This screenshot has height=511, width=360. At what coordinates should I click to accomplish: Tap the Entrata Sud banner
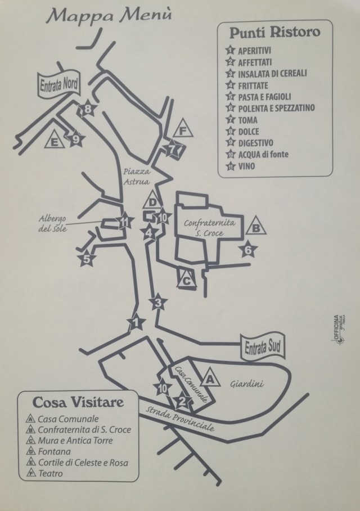pos(263,347)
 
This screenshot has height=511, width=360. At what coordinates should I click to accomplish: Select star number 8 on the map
pos(87,109)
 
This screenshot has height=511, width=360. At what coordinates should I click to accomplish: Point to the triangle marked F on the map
pos(183,129)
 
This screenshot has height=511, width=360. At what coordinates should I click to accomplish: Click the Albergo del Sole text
pos(52,224)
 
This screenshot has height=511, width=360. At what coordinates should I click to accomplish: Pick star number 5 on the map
pos(87,259)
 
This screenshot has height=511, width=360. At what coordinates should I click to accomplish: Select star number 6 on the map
pos(248,250)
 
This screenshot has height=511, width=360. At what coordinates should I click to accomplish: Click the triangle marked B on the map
pos(256,226)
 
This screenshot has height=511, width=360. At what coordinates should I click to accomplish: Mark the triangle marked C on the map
pos(187,279)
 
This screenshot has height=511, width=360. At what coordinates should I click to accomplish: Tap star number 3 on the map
pos(158,303)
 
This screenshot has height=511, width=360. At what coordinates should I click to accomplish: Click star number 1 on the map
pos(136,323)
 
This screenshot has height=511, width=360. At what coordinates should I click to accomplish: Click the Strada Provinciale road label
pos(180,418)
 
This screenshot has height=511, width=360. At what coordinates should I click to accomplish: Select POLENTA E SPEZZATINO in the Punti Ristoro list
pos(276,108)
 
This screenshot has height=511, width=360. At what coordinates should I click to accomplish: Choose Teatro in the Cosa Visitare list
pos(50,473)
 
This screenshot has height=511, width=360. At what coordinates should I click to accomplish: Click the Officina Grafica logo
pos(339,329)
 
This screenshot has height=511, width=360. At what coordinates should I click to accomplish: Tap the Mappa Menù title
pos(109,16)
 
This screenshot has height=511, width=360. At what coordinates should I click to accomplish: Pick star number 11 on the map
pos(124,222)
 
